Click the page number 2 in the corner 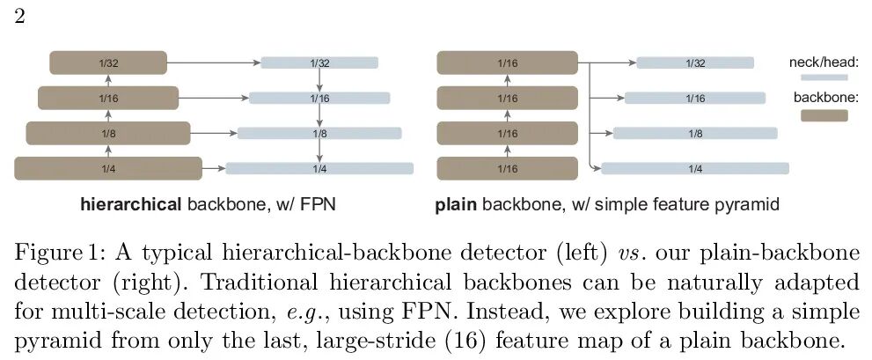(x=18, y=17)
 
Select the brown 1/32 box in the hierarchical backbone (x=107, y=62)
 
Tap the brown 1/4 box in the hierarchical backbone (x=107, y=168)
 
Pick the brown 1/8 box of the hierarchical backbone (x=107, y=133)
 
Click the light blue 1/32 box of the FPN (x=319, y=62)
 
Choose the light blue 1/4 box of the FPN (x=319, y=168)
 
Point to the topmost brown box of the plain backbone (x=507, y=62)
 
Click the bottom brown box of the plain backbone (x=507, y=168)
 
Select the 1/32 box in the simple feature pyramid (x=695, y=62)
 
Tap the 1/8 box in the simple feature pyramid (x=695, y=133)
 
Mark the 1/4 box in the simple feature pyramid (x=695, y=168)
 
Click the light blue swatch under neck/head (x=824, y=77)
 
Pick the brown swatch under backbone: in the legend (x=824, y=115)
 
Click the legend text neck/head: (x=824, y=62)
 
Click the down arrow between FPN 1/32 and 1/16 (x=319, y=79)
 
